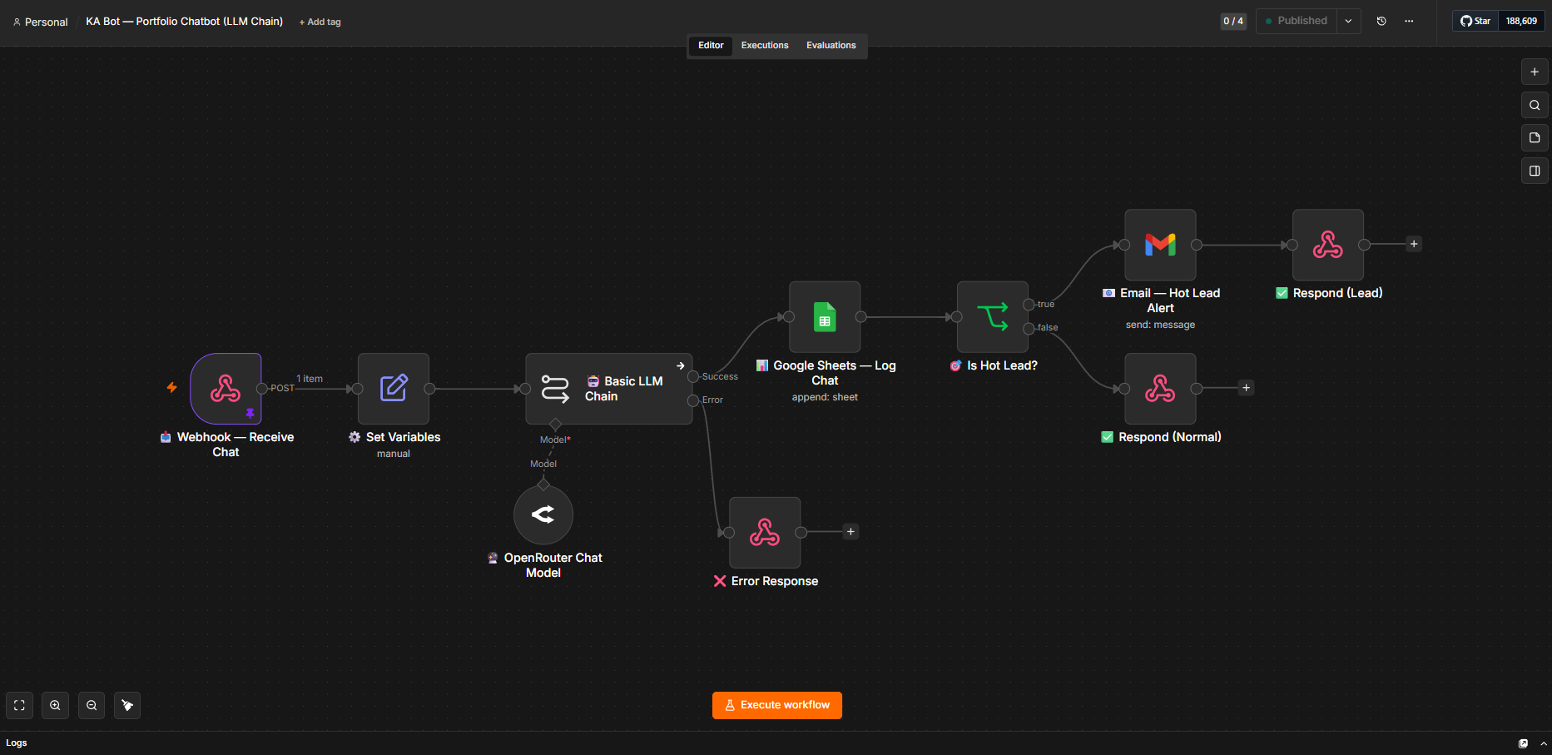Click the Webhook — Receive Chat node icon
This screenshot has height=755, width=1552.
(x=226, y=389)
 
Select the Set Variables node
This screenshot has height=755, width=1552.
(x=394, y=389)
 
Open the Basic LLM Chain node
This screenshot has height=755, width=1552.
(x=609, y=389)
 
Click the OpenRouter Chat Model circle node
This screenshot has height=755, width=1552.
(x=543, y=514)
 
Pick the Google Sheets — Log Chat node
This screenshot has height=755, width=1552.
(x=825, y=317)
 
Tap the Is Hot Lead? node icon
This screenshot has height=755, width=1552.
(x=993, y=317)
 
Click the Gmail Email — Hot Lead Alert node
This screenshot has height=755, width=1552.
(x=1160, y=245)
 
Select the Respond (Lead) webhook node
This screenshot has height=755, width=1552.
(x=1328, y=245)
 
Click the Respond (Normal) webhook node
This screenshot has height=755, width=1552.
(x=1160, y=389)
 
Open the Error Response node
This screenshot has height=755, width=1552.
(x=765, y=533)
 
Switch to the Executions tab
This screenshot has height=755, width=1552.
(x=765, y=46)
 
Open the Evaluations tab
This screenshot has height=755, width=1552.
(x=831, y=46)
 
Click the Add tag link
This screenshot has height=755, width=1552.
(x=320, y=22)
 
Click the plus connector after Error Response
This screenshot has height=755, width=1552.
(x=850, y=532)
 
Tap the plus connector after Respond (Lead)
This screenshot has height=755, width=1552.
(x=1414, y=244)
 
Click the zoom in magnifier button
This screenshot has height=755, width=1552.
(x=55, y=706)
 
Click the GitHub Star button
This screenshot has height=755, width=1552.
(x=1475, y=21)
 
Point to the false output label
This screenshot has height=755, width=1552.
(x=1048, y=328)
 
